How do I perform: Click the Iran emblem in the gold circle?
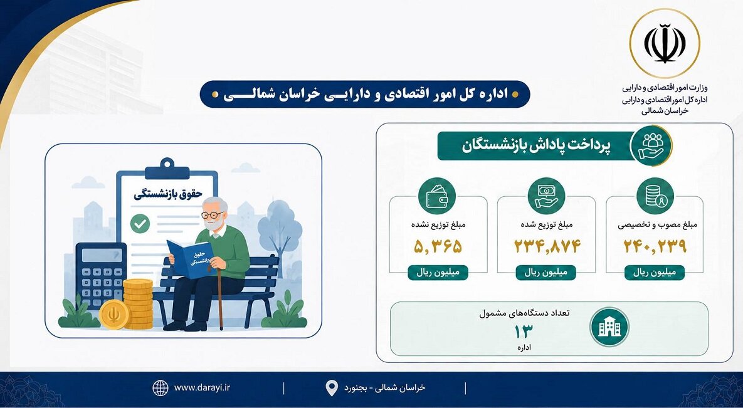[x=665, y=43]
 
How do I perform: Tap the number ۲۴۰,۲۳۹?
[x=655, y=246]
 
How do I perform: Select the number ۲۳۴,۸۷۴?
[x=547, y=246]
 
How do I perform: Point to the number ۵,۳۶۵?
[x=438, y=246]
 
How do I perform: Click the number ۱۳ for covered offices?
[x=524, y=332]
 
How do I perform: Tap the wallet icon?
[x=437, y=196]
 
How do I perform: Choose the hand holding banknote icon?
[x=546, y=196]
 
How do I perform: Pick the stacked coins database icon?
[x=655, y=196]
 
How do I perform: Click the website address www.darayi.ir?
[x=203, y=387]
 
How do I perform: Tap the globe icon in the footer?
[x=160, y=388]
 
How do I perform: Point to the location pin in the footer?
[x=332, y=388]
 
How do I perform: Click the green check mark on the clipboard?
[x=140, y=224]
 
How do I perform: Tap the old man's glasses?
[x=211, y=215]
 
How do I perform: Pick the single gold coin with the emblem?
[x=114, y=314]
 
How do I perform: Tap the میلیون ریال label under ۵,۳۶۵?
[x=438, y=273]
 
